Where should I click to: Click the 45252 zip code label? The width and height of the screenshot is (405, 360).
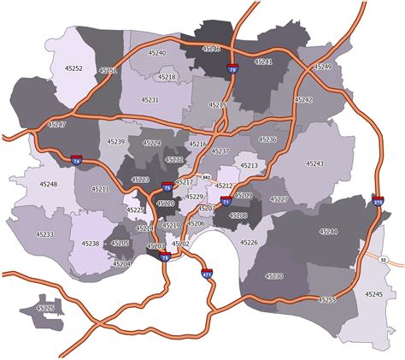[x=73, y=67]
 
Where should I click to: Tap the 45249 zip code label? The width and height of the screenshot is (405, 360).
[x=322, y=66]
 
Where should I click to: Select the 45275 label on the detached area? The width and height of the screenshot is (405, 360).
[x=44, y=308]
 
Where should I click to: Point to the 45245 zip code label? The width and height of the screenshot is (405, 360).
[x=372, y=293]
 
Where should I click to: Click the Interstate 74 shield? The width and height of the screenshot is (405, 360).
[x=77, y=159]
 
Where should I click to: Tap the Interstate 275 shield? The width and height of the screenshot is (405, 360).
[x=379, y=202]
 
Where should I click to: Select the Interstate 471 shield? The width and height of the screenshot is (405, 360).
[x=206, y=274]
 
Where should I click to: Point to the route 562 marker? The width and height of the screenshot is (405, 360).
[x=206, y=177]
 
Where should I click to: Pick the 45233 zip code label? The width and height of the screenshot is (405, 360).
[x=44, y=234]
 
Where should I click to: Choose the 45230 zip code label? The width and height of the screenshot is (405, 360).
[x=273, y=275]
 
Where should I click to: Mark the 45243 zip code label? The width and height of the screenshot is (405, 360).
[x=314, y=162]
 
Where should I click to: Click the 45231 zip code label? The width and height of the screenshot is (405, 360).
[x=150, y=100]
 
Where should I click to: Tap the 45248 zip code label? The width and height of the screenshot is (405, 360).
[x=48, y=184]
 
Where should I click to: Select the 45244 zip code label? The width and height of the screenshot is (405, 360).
[x=328, y=232]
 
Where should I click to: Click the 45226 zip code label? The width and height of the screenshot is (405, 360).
[x=249, y=242]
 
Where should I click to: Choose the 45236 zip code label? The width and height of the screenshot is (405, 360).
[x=267, y=139]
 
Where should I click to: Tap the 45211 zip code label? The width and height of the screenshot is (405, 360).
[x=100, y=188]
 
